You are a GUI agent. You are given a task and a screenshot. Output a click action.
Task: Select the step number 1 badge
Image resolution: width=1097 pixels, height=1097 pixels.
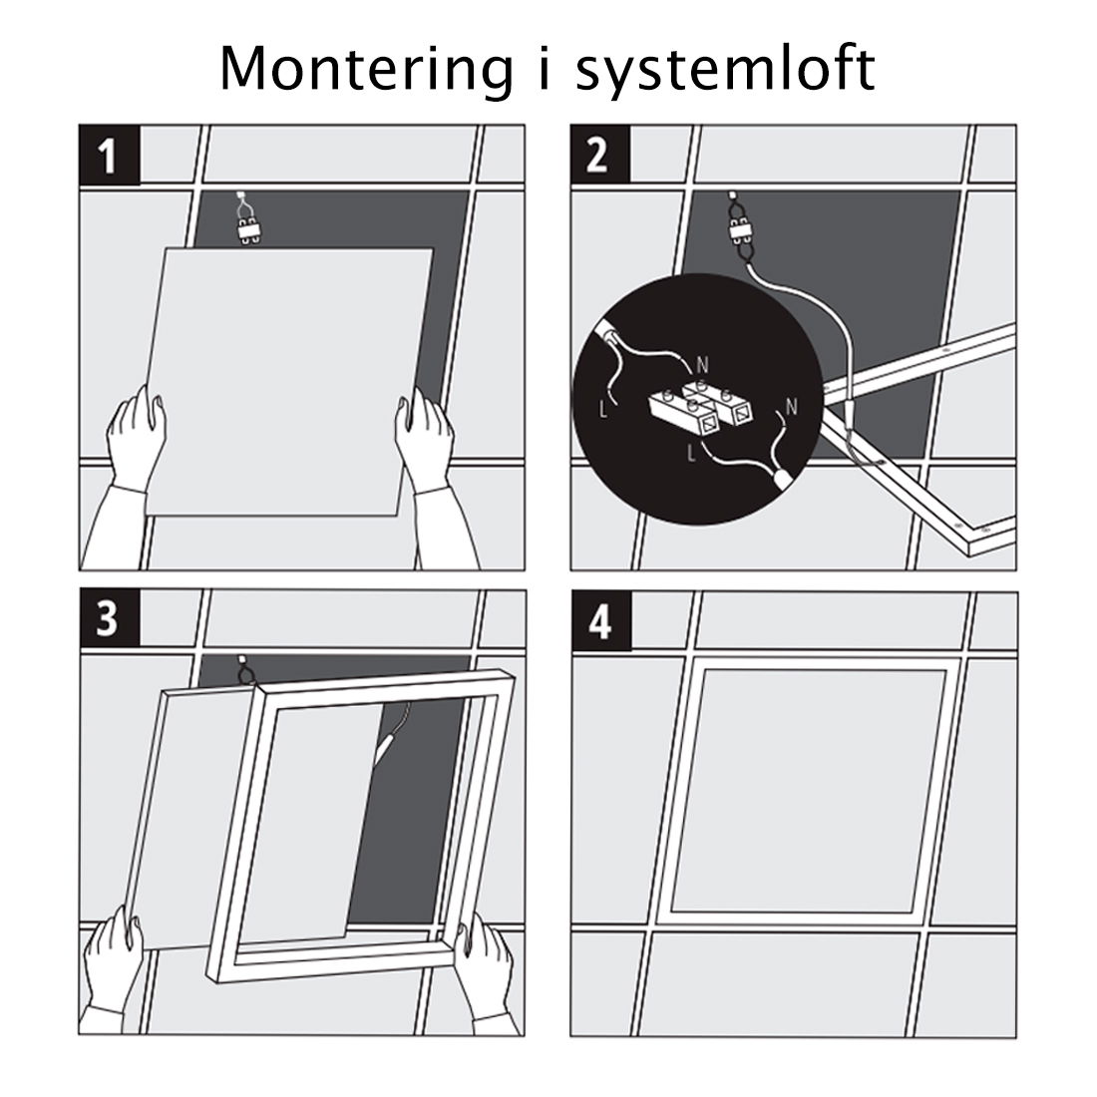109,156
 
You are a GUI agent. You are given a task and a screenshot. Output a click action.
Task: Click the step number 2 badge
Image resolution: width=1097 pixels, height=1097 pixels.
598,156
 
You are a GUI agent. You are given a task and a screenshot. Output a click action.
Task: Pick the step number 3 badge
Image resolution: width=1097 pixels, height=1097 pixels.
109,618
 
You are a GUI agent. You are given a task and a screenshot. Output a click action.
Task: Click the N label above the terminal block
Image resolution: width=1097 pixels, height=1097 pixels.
702,365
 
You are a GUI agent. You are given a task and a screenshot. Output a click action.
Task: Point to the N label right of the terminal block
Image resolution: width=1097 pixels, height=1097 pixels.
791,407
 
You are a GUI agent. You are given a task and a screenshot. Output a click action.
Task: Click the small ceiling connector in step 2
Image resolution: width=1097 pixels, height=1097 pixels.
739,230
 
